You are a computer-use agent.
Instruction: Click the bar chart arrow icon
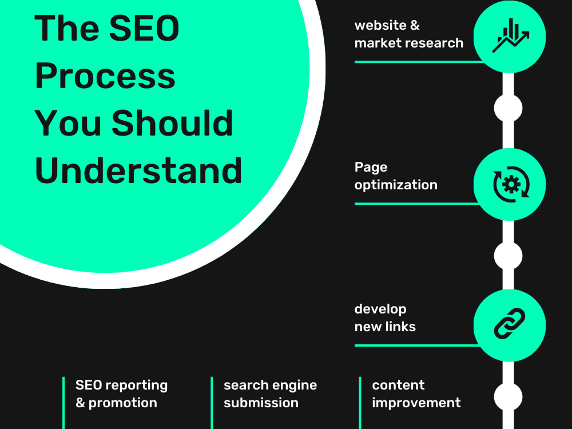pyautogui.click(x=510, y=35)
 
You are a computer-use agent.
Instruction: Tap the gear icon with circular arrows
pyautogui.click(x=511, y=184)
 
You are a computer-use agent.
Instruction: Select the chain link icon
pyautogui.click(x=509, y=323)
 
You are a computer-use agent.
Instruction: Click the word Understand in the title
pyautogui.click(x=138, y=170)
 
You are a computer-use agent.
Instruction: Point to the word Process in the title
pyautogui.click(x=105, y=76)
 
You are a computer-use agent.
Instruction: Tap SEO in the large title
pyautogui.click(x=144, y=28)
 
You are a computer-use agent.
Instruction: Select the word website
pyautogui.click(x=380, y=25)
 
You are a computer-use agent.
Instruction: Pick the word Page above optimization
pyautogui.click(x=371, y=168)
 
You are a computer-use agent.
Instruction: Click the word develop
pyautogui.click(x=380, y=309)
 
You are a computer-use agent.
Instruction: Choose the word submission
pyautogui.click(x=261, y=403)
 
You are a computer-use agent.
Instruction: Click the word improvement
pyautogui.click(x=416, y=403)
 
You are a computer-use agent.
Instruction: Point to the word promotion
pyautogui.click(x=122, y=403)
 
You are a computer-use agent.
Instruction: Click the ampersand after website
pyautogui.click(x=415, y=25)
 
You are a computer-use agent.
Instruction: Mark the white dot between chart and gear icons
pyautogui.click(x=508, y=108)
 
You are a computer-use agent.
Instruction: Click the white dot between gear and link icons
pyautogui.click(x=508, y=256)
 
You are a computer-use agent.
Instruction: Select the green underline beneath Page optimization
pyautogui.click(x=417, y=204)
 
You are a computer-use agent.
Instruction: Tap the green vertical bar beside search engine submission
pyautogui.click(x=212, y=403)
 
